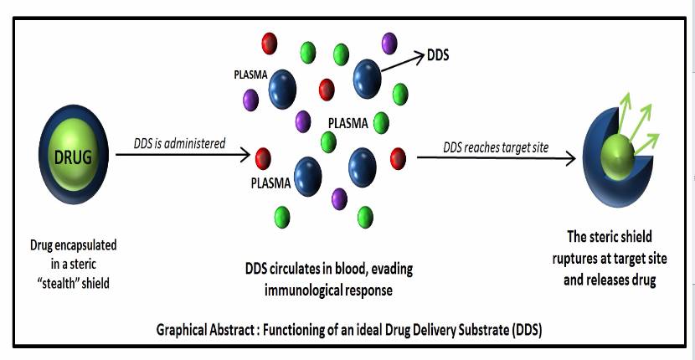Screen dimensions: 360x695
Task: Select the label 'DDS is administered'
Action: point(180,143)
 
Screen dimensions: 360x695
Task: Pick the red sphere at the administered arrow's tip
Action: point(264,157)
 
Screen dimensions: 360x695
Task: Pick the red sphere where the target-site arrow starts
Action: point(398,157)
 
